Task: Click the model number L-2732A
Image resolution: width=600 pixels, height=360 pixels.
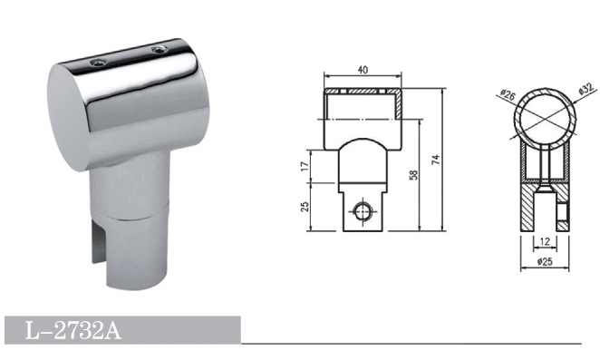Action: coord(73,330)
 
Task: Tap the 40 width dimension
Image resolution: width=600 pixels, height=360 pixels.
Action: coord(363,70)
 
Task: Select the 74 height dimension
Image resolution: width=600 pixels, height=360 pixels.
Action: coord(436,160)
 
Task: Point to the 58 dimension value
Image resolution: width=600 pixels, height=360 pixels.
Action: coord(413,175)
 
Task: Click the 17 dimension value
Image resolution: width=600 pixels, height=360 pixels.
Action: coord(305,166)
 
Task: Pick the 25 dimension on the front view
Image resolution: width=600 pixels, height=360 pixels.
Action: coord(305,207)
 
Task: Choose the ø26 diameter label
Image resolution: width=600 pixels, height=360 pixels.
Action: coord(508,94)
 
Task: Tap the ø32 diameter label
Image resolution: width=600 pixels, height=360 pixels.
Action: coord(585,89)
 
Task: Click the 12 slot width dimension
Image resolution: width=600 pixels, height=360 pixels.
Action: coord(545,241)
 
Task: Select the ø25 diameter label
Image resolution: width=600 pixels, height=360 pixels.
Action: coord(545,261)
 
